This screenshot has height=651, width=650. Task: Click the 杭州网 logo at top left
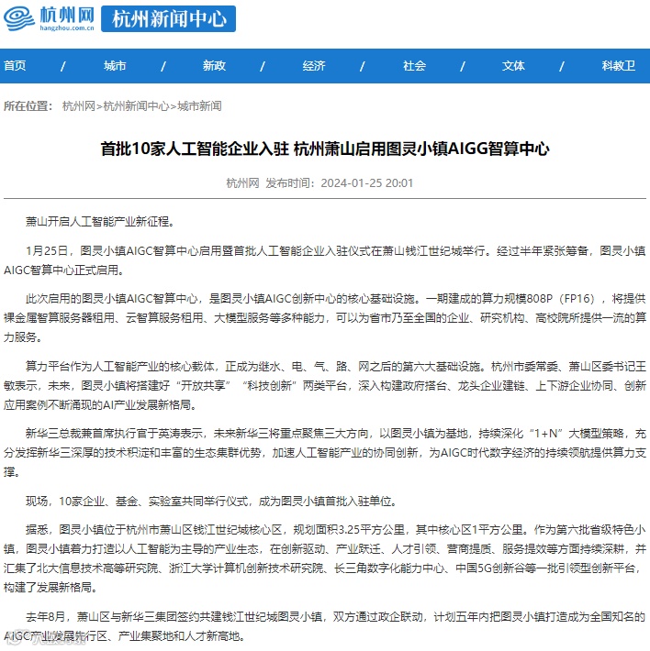tap(51, 17)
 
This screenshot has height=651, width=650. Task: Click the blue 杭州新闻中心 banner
tap(167, 18)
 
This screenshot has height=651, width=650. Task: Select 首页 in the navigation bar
tap(15, 66)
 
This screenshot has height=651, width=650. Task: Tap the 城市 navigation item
tap(115, 66)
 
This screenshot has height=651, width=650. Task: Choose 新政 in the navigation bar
tap(214, 66)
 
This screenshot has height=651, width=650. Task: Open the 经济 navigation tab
tap(314, 66)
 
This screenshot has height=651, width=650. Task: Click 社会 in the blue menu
tap(414, 66)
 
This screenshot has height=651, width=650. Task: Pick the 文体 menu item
tap(513, 66)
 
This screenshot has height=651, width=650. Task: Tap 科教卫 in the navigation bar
tap(618, 66)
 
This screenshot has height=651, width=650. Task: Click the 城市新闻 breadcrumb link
tap(199, 106)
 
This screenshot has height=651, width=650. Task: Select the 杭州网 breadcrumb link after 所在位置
tap(78, 106)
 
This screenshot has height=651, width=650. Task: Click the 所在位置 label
tap(28, 106)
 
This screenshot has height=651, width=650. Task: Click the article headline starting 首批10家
tap(324, 149)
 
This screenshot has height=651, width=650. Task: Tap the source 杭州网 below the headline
tap(242, 182)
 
